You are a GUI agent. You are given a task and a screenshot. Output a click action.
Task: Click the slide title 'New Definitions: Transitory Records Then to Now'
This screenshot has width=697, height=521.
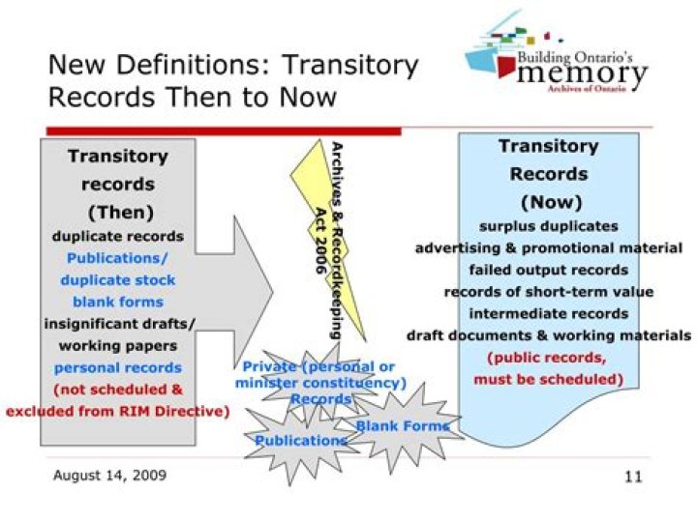point(232,81)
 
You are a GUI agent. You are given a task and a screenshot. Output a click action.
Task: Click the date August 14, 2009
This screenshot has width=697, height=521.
point(109,475)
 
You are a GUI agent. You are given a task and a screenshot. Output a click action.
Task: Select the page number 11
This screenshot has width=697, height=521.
point(633,476)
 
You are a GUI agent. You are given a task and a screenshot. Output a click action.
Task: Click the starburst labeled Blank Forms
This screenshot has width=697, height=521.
point(402,425)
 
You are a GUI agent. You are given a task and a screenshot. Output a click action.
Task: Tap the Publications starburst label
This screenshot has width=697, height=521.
point(300,440)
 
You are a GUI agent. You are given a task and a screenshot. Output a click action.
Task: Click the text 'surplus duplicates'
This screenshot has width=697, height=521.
point(548,225)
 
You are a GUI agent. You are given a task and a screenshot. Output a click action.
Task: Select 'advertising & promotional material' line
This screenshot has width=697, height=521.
point(548,247)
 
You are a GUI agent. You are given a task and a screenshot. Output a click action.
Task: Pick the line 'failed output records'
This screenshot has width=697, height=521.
point(548,270)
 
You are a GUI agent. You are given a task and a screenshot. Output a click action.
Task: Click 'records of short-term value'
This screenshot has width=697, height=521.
point(548,291)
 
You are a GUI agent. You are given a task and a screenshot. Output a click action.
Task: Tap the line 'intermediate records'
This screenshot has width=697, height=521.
point(548,313)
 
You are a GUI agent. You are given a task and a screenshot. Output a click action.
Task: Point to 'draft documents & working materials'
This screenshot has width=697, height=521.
point(548,335)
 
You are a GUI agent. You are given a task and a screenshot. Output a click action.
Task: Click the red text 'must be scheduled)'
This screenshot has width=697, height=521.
point(548,379)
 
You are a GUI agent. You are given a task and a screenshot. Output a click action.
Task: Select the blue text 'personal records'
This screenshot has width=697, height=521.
point(117,367)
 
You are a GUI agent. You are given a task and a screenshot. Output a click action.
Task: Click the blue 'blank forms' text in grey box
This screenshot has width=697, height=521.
point(117,302)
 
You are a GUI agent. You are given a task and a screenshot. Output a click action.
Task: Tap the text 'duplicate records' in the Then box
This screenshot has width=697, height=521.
point(117,235)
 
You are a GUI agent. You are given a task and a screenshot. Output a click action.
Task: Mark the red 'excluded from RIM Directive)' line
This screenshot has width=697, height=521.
point(117,411)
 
